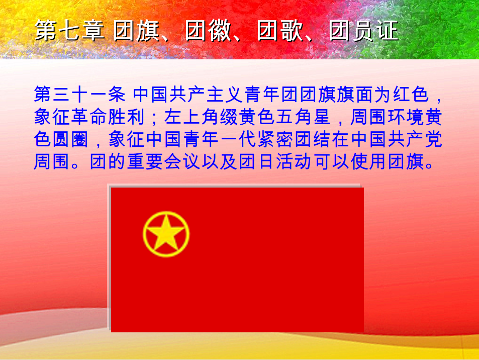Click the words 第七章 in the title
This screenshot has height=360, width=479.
(x=70, y=31)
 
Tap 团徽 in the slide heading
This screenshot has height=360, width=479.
(x=208, y=31)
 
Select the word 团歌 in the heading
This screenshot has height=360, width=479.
(x=280, y=31)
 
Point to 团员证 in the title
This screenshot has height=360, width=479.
(x=363, y=31)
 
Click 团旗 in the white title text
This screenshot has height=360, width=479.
(x=137, y=31)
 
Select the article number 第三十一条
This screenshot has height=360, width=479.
(x=80, y=94)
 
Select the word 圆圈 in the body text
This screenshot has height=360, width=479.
(x=70, y=139)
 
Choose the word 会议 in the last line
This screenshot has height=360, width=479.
(x=182, y=162)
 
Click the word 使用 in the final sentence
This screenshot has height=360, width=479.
(x=369, y=162)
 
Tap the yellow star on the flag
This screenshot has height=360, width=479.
(x=166, y=233)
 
